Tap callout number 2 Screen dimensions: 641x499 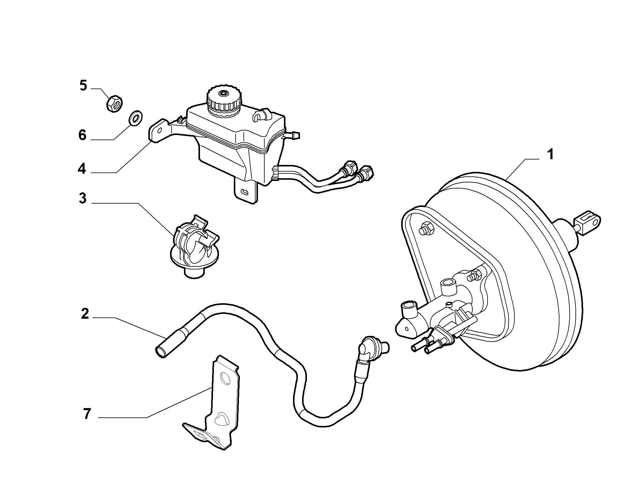[85, 314]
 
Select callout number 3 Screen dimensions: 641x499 [82, 198]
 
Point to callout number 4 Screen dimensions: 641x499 [82, 169]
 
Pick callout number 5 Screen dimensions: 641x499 [83, 85]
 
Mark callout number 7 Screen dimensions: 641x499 [87, 414]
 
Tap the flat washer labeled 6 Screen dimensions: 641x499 [136, 118]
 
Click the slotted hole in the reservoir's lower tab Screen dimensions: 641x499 [245, 192]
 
